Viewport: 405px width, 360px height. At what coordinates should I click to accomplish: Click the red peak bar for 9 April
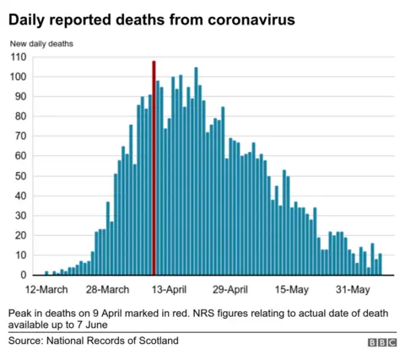pos(154,169)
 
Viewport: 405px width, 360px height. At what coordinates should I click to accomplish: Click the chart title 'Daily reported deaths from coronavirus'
pos(152,19)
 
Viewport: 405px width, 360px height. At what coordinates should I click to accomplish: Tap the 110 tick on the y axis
pos(19,57)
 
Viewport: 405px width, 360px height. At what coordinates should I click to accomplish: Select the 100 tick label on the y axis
pos(19,77)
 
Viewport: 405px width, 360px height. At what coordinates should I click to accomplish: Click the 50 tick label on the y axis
pos(21,176)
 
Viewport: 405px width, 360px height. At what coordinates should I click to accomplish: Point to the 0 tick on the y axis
pos(24,275)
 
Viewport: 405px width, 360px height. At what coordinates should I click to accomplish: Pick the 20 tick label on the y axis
pos(21,235)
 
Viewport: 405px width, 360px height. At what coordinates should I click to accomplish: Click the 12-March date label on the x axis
pos(47,290)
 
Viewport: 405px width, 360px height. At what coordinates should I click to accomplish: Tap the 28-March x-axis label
pos(108,290)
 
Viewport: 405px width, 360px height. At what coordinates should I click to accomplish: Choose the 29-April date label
pos(230,290)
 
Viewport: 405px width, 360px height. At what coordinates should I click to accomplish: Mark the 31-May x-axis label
pos(354,290)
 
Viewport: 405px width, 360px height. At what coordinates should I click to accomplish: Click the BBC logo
pos(381,343)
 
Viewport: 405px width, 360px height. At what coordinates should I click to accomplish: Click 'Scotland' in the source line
pos(157,341)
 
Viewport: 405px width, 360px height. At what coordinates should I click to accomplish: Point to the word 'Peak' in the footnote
pos(22,311)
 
